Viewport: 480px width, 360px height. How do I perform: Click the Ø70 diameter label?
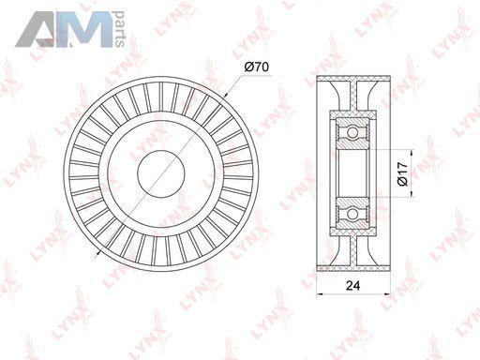click(257, 67)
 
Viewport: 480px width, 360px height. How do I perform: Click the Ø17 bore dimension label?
click(403, 173)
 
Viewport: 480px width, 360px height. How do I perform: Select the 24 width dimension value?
click(352, 285)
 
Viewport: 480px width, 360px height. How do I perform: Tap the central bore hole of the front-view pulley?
click(160, 173)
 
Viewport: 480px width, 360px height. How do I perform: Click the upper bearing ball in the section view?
click(352, 133)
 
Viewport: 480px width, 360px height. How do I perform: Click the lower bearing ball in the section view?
click(352, 214)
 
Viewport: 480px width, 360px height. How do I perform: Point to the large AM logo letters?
click(64, 29)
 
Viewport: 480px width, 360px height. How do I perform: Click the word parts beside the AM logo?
click(120, 29)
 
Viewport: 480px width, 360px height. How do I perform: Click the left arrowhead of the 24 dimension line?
click(320, 294)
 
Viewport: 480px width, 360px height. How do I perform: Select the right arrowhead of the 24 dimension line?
click(387, 294)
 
